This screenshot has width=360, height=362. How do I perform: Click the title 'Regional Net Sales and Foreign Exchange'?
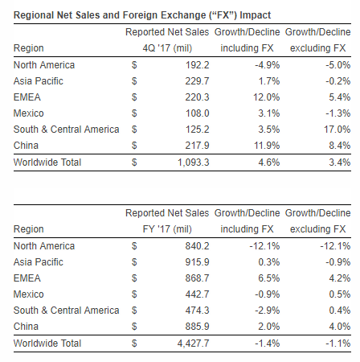point(109,15)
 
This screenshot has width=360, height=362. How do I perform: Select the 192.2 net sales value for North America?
point(198,65)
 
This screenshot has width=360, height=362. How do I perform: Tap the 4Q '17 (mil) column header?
point(167,48)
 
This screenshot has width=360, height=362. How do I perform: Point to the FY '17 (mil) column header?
point(167,229)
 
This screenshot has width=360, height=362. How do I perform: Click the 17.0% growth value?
point(337,130)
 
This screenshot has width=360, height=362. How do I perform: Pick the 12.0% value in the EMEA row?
point(267,97)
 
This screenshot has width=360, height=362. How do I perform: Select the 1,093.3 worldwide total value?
point(194,162)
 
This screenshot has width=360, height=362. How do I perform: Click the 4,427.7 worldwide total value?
point(194,343)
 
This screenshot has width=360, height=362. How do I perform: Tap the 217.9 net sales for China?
point(198,146)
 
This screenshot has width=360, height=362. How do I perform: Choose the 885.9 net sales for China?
point(198,327)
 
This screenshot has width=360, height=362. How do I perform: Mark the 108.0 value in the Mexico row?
point(198,113)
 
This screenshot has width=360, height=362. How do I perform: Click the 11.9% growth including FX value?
point(267,146)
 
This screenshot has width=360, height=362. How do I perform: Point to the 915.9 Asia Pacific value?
point(198,262)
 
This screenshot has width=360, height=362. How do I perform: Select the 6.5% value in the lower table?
point(269,278)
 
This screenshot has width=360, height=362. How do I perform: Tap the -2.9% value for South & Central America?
point(268,311)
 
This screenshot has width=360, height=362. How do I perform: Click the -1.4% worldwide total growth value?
point(268,343)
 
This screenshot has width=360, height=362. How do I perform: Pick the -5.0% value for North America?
point(338,65)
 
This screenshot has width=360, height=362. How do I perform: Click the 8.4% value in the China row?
point(340,146)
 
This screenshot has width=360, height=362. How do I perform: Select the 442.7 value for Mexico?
point(198,294)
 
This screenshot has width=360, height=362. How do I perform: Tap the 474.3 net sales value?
point(198,311)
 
